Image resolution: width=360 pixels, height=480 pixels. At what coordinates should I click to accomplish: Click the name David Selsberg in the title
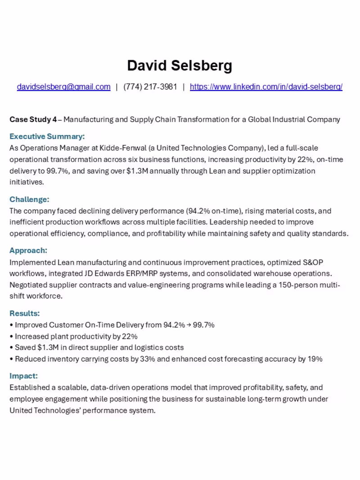coord(180,66)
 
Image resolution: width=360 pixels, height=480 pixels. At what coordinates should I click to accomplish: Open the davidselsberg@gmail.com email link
coord(63,87)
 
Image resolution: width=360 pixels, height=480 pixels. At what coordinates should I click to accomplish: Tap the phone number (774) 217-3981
coord(150,87)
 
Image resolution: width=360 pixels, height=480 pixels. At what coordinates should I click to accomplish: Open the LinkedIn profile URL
coord(266,87)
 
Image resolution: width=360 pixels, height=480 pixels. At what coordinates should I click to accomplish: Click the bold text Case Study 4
coord(33,120)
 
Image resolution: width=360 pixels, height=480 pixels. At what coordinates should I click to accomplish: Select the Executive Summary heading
coord(47,136)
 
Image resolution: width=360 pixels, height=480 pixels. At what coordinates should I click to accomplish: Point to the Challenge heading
coord(29,199)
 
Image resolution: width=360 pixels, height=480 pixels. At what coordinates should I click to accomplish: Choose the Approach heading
coord(28,251)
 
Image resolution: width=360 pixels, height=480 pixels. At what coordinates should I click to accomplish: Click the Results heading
coord(25,313)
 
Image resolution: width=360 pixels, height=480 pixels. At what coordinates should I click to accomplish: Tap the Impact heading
coord(23,376)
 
